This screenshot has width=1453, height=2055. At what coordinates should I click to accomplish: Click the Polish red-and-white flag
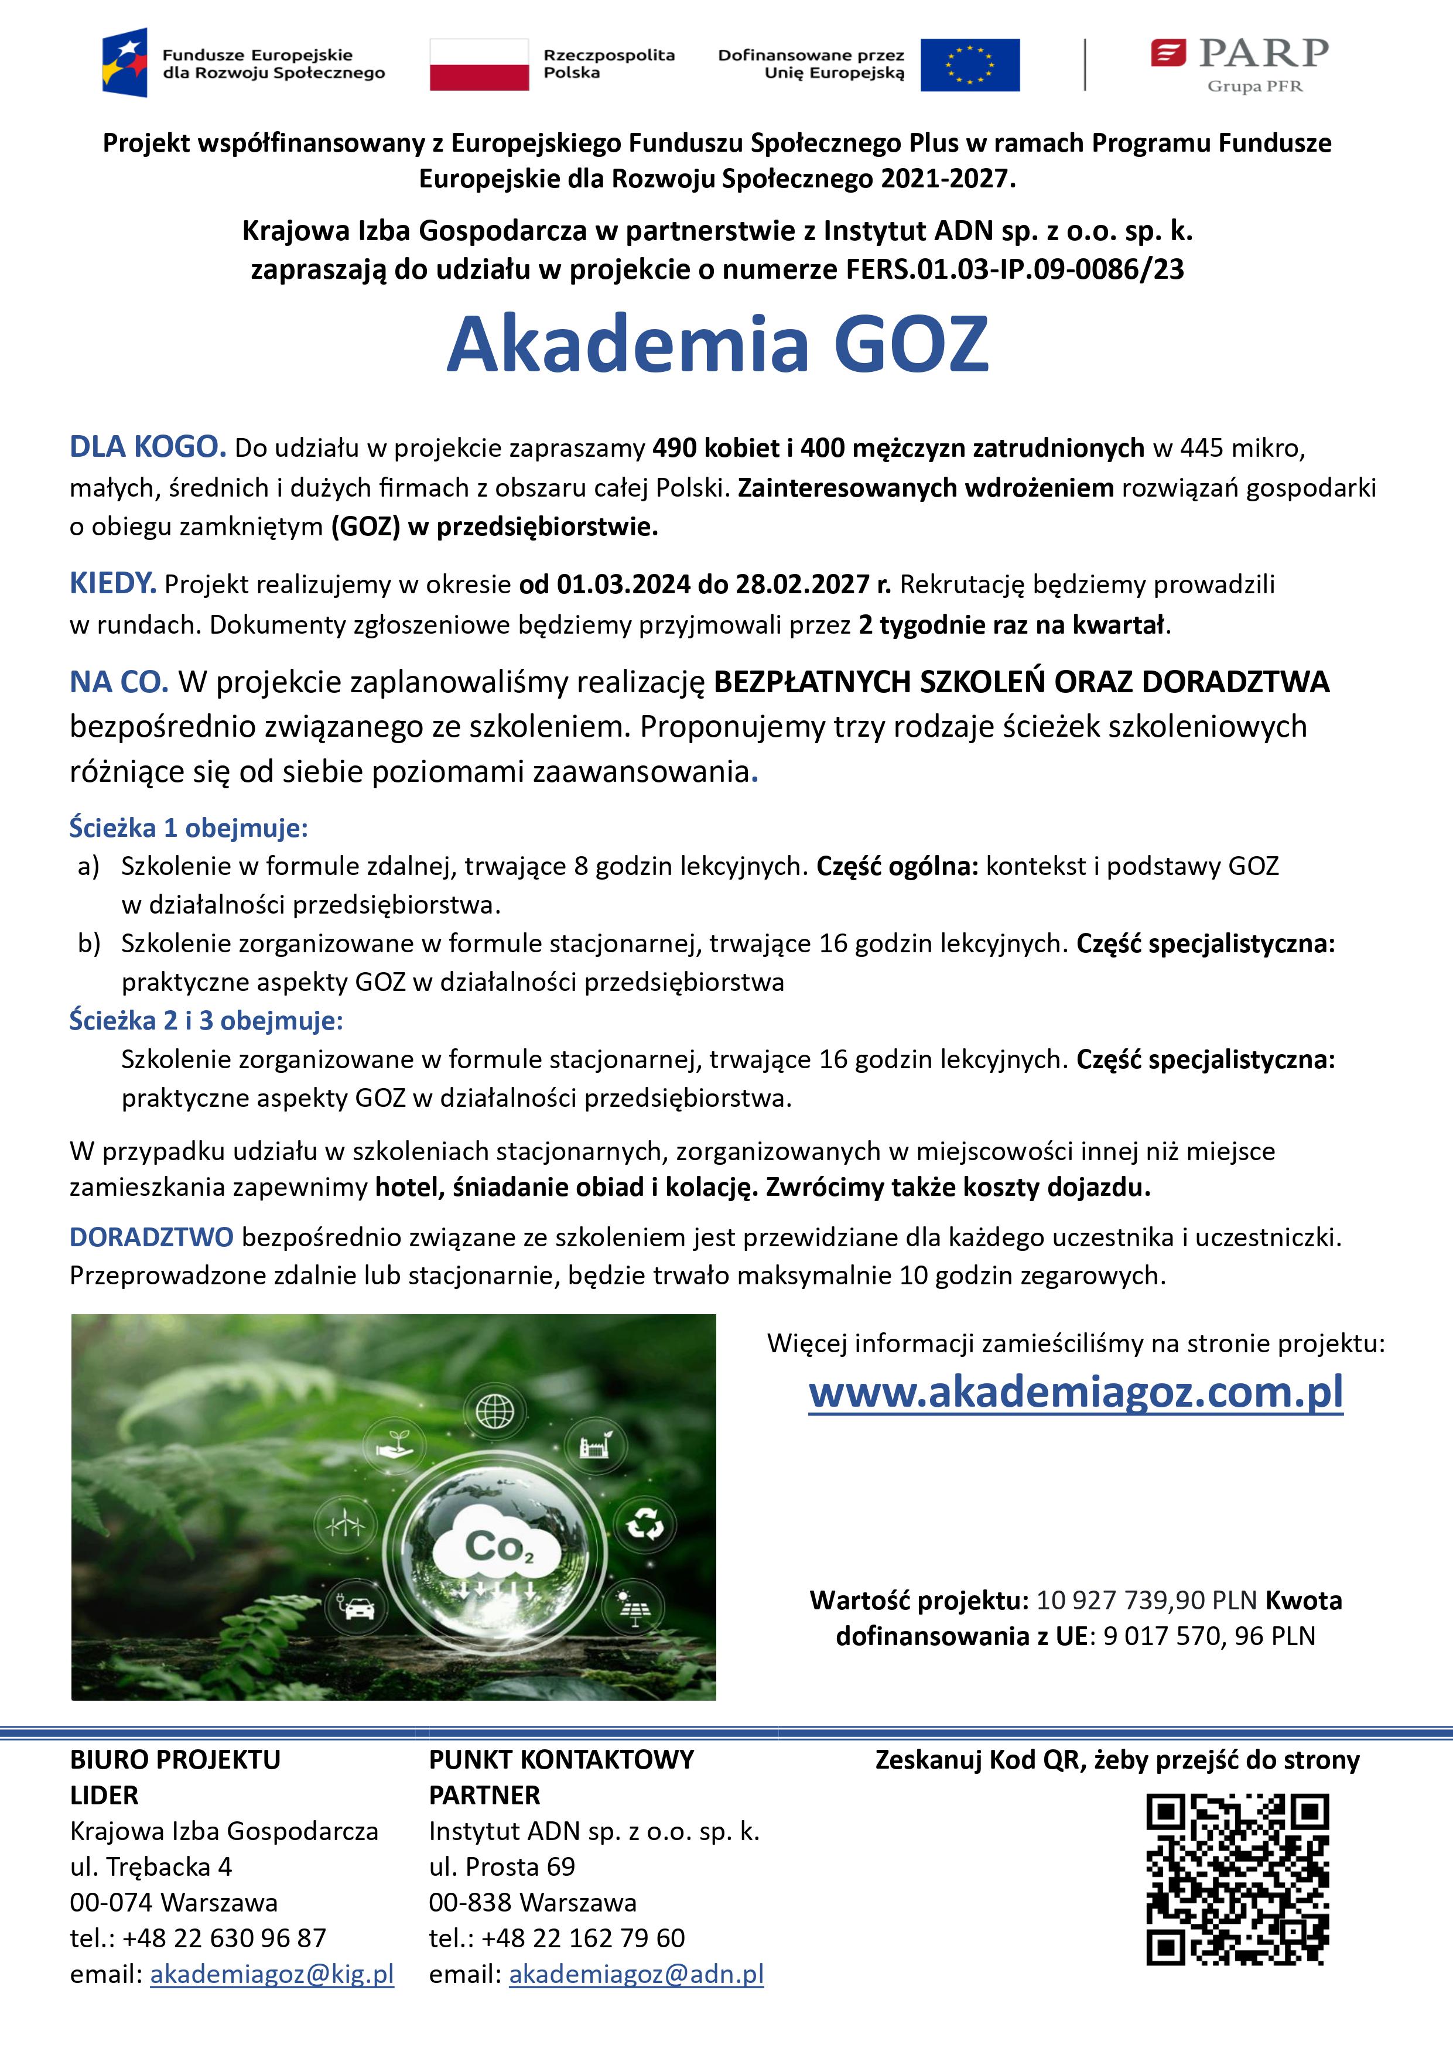click(x=479, y=64)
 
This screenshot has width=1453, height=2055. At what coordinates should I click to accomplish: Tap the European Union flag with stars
click(x=970, y=64)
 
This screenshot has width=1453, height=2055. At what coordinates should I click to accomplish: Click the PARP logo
click(x=1240, y=64)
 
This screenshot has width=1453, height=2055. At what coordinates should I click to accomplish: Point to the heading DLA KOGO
click(x=148, y=447)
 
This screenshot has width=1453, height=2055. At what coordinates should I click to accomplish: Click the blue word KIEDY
click(x=113, y=583)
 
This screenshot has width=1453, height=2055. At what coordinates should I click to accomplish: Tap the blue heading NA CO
click(x=119, y=682)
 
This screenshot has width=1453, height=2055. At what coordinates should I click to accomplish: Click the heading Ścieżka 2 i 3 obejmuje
click(x=207, y=1020)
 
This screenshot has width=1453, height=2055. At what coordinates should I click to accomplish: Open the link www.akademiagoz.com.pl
click(x=1075, y=1392)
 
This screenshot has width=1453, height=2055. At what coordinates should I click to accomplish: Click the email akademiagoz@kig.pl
click(x=272, y=1974)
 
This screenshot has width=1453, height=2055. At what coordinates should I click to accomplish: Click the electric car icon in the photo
click(x=356, y=1608)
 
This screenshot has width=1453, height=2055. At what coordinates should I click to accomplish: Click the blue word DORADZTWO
click(x=151, y=1237)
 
